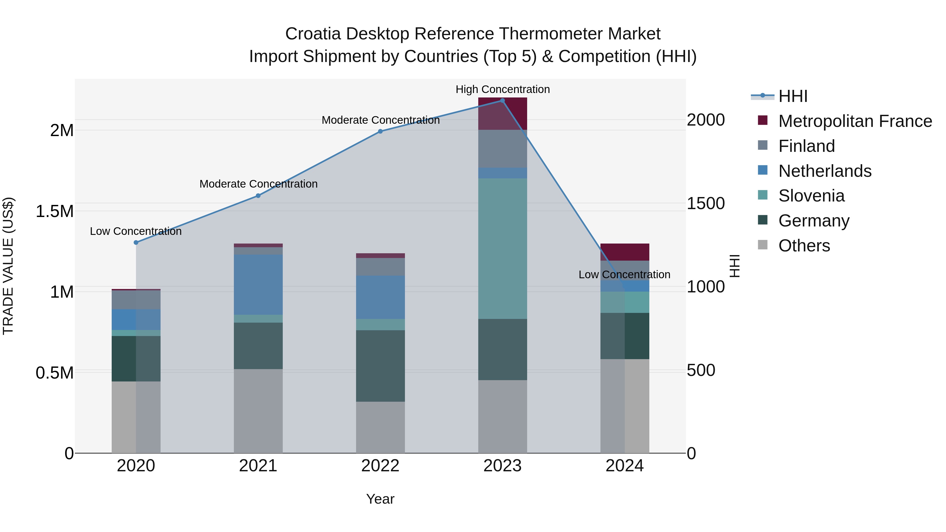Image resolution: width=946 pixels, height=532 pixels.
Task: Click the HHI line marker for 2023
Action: point(502,101)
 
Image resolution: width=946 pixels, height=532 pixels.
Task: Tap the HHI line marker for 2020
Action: point(136,242)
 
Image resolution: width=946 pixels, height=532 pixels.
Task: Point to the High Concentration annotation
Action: point(502,89)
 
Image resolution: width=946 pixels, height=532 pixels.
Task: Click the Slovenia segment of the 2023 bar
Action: point(502,249)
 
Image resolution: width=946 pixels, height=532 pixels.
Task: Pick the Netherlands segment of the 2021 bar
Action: point(258,285)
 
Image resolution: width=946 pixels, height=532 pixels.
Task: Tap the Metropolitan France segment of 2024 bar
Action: point(625,252)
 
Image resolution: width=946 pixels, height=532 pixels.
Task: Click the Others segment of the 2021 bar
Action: point(258,411)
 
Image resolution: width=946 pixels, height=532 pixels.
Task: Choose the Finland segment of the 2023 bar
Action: point(502,149)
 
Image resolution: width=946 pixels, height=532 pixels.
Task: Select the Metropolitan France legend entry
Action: point(855,121)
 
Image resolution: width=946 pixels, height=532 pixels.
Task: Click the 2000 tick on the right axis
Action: point(706,120)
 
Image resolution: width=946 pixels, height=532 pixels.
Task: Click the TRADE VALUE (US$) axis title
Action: point(8,266)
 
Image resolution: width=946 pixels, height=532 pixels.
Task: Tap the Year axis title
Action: point(380,499)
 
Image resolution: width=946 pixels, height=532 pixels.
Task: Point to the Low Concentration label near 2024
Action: point(624,274)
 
